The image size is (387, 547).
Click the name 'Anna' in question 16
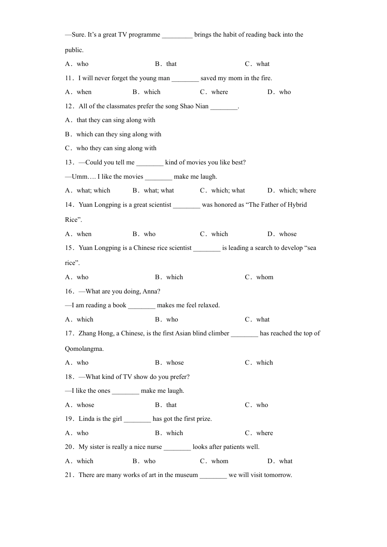coord(150,291)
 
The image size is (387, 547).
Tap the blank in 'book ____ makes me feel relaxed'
coord(141,306)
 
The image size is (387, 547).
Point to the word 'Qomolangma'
coord(84,349)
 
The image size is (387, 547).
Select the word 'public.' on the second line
coord(74,50)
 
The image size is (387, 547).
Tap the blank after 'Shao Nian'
coord(224,107)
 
